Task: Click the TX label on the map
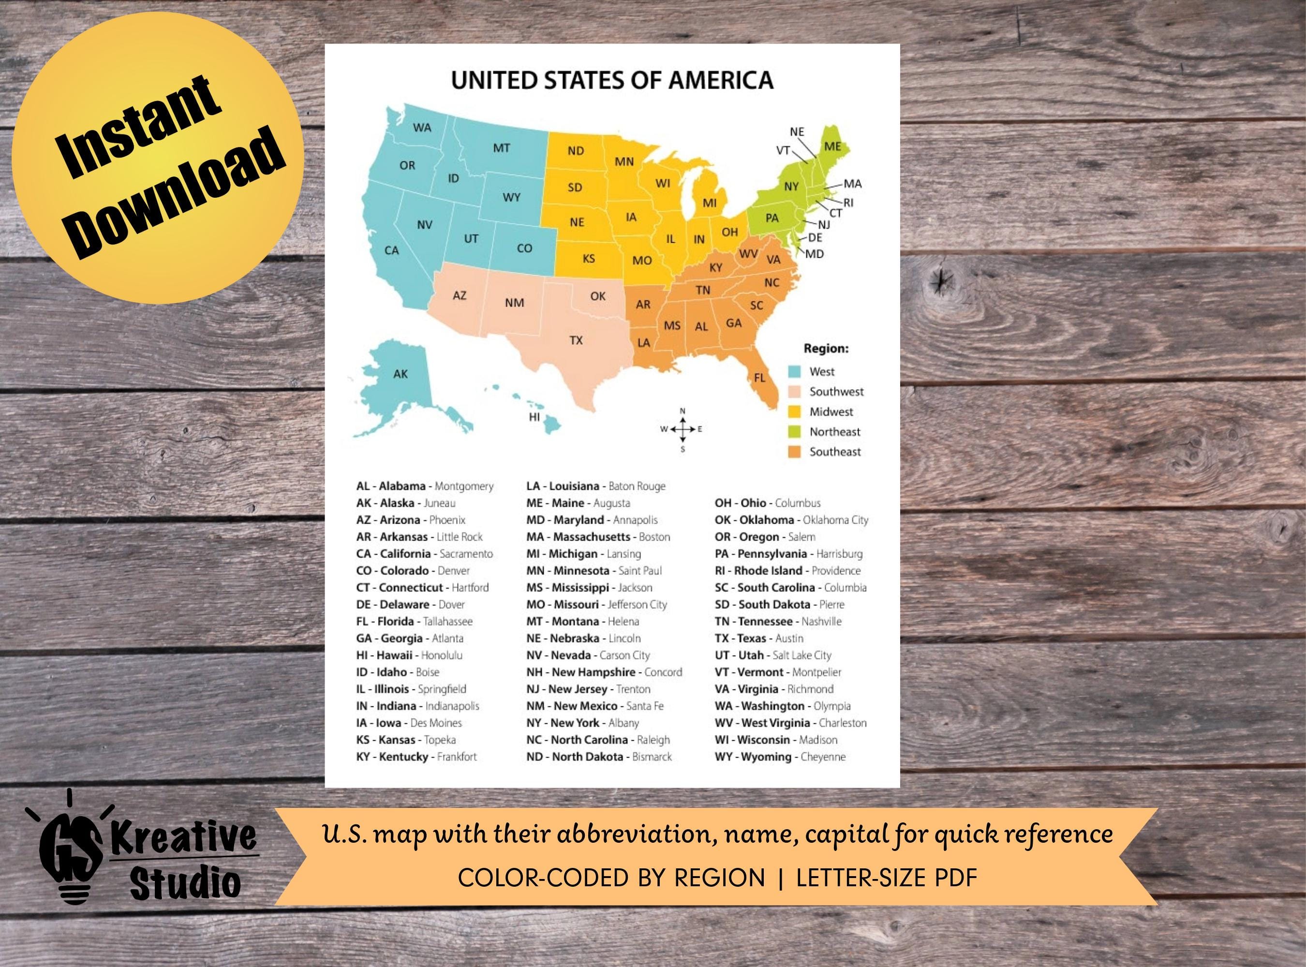576,340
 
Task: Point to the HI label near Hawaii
534,417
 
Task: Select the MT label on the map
501,148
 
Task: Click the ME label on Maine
832,147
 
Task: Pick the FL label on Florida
759,378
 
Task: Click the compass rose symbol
683,429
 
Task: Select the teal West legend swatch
795,372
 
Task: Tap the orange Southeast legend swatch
795,452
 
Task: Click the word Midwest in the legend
831,412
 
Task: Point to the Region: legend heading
826,349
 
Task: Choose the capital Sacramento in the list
466,554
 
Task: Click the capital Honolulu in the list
442,656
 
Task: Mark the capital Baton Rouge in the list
637,486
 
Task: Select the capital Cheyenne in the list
823,757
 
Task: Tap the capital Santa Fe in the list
645,706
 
